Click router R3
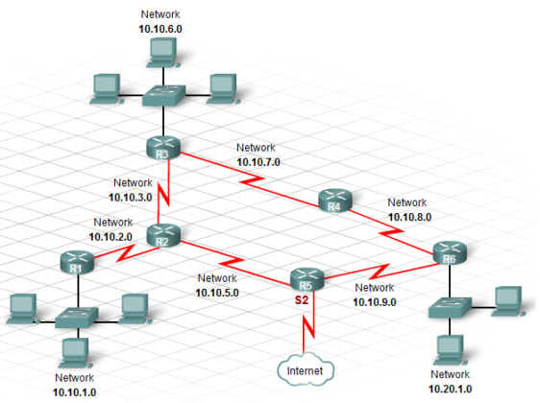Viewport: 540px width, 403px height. click(165, 150)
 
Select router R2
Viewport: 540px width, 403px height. click(162, 235)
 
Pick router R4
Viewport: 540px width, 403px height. click(334, 202)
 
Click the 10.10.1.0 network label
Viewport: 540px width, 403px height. click(75, 391)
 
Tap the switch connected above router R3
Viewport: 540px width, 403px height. click(162, 96)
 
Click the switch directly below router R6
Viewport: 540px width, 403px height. click(450, 307)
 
